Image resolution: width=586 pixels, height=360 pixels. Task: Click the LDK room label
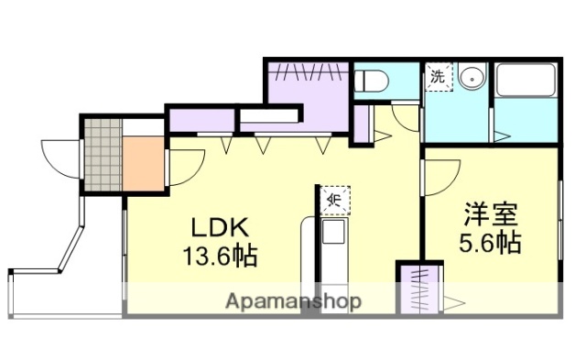point(220,228)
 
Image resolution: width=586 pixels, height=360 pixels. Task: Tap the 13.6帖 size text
point(220,256)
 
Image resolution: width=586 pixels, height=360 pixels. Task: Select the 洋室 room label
point(491,214)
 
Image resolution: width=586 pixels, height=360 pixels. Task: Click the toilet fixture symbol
point(371,81)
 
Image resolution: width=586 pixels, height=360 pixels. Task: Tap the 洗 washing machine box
point(439,77)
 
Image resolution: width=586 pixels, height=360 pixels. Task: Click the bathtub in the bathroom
point(526,80)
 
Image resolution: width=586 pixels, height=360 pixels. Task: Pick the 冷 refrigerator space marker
point(334,200)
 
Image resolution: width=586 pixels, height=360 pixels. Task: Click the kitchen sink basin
point(333,232)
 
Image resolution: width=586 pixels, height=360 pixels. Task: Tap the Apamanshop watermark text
point(293,301)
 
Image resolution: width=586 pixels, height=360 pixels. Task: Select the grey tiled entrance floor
point(103,155)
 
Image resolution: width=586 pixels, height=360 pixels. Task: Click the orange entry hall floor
point(144,164)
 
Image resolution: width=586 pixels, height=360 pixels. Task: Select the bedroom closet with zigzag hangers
point(419,289)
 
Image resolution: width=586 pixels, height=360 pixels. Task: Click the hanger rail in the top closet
point(309,71)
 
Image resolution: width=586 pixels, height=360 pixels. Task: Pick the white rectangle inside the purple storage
point(268,115)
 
